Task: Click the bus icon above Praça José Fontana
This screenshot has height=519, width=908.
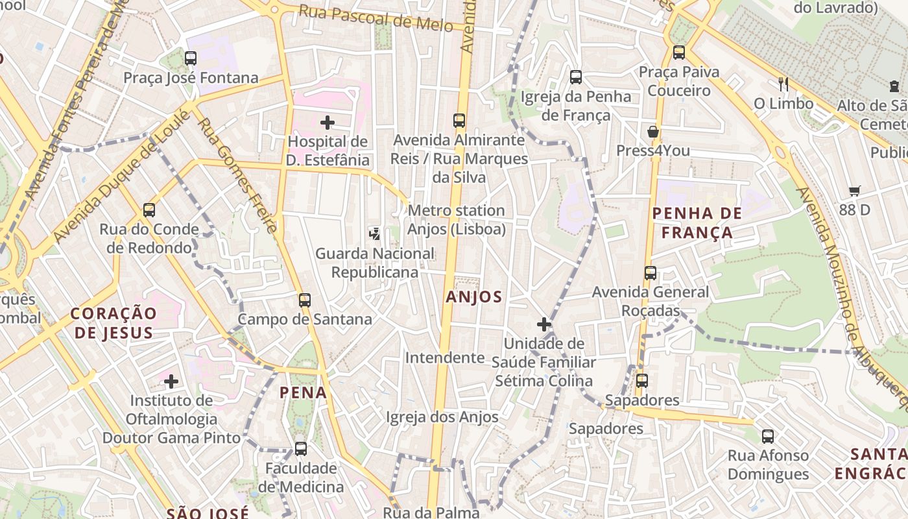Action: [x=190, y=58]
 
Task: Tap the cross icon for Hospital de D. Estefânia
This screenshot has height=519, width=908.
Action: [x=328, y=122]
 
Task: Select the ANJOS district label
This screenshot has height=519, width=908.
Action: [x=474, y=297]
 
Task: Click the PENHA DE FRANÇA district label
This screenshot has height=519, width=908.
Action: [x=693, y=223]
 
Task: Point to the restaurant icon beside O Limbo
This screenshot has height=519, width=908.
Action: [x=783, y=84]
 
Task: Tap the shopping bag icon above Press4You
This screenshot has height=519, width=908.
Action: [x=653, y=132]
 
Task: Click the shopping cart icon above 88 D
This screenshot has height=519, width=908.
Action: [x=854, y=191]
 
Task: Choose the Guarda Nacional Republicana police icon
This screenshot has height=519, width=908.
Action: [x=374, y=234]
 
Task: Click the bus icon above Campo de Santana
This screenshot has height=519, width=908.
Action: [x=304, y=300]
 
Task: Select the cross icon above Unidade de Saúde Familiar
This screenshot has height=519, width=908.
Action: [x=544, y=324]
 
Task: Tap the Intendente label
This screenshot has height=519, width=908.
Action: [x=445, y=357]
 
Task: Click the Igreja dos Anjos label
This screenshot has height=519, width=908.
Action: [x=442, y=417]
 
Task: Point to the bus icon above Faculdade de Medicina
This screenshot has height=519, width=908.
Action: [x=300, y=448]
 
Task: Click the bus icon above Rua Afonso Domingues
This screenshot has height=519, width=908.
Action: [x=768, y=437]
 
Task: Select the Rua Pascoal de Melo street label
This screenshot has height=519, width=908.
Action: [x=385, y=18]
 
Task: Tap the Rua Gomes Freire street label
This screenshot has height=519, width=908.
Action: [x=237, y=175]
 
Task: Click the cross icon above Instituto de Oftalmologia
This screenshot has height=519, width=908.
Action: [x=171, y=381]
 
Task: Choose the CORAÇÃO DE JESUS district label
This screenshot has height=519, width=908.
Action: [x=113, y=323]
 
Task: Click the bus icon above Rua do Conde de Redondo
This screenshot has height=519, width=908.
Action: [x=149, y=210]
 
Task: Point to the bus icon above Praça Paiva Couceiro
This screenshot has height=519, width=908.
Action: [x=679, y=53]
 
